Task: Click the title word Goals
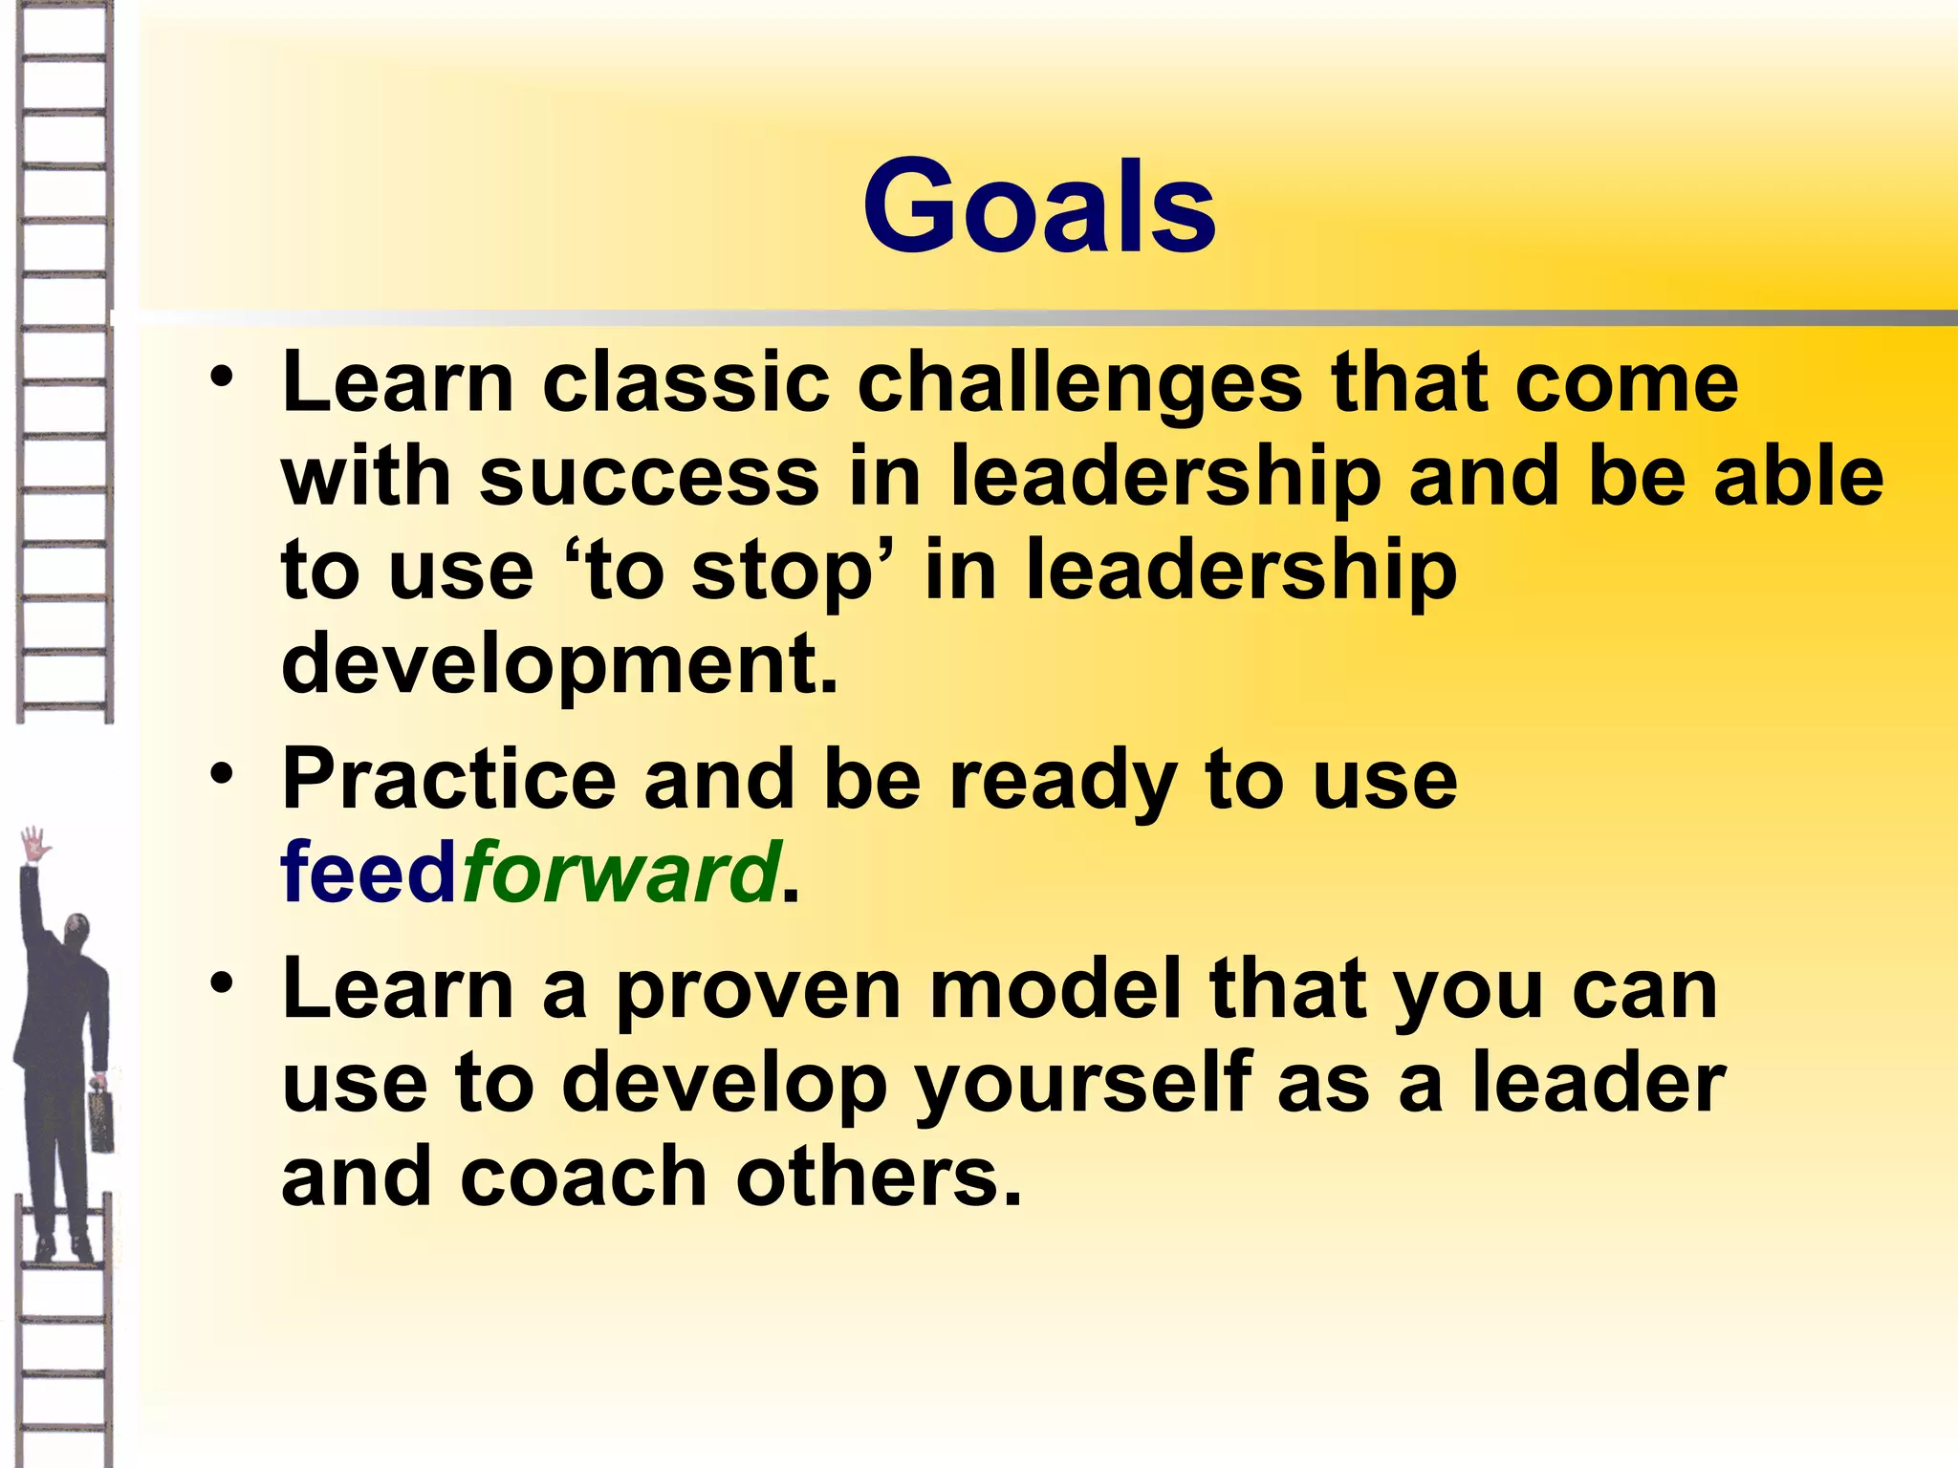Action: pyautogui.click(x=1039, y=207)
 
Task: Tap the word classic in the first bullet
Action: pyautogui.click(x=685, y=383)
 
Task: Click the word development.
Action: pyautogui.click(x=559, y=664)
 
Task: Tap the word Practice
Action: pyautogui.click(x=448, y=779)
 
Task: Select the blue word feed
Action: pyautogui.click(x=369, y=872)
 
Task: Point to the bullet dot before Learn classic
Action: pyautogui.click(x=222, y=375)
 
